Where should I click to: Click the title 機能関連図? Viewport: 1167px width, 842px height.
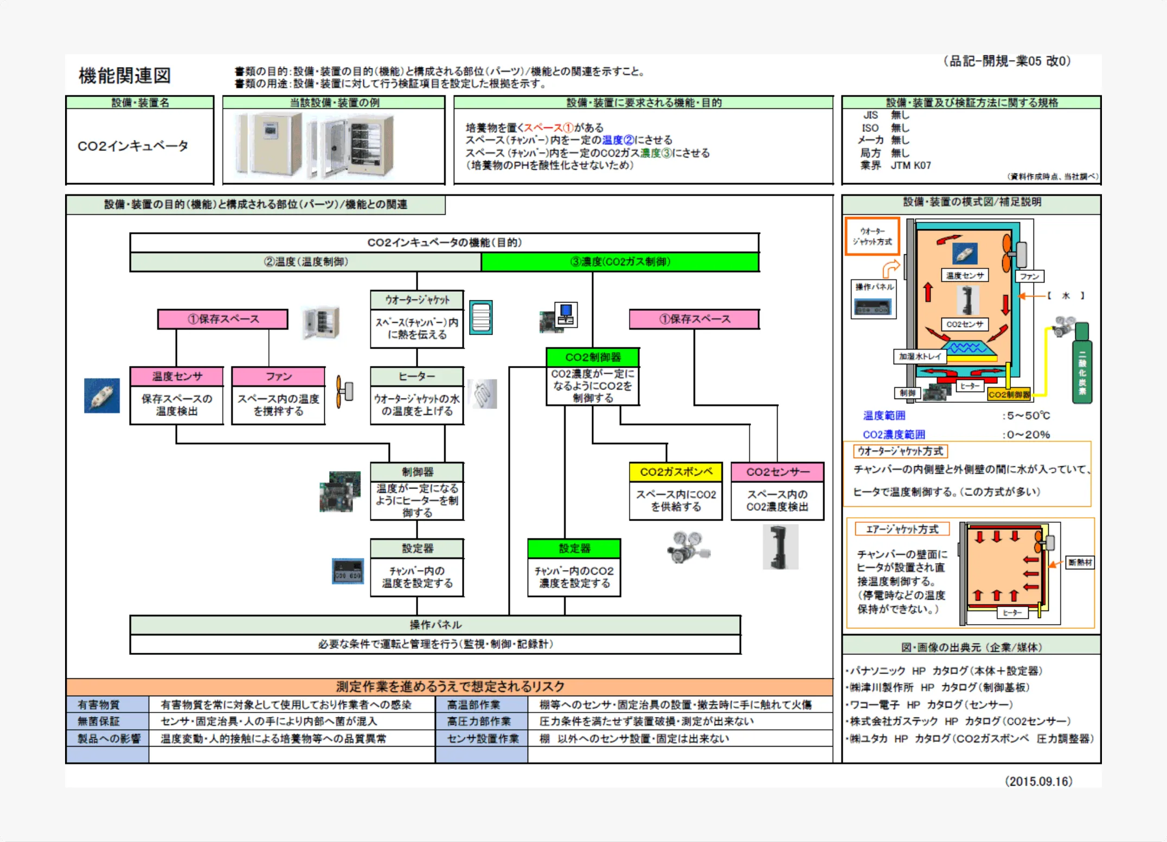125,75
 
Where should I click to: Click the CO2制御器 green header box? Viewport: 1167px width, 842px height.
593,357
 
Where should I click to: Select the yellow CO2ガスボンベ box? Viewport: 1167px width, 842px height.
676,472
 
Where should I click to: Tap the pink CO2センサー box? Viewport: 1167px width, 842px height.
777,472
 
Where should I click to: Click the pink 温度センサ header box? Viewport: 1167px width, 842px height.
177,376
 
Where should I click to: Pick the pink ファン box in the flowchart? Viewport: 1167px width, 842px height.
278,376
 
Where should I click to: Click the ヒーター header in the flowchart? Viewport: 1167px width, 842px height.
417,376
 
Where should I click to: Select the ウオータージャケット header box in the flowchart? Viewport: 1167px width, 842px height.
417,300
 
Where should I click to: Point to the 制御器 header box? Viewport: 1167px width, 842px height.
417,472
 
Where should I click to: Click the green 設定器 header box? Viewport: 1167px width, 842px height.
574,548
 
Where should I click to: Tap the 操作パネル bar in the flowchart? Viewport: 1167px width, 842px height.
435,625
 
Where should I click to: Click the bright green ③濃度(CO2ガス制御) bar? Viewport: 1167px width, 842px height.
620,262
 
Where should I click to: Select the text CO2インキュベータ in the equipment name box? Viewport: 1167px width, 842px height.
133,146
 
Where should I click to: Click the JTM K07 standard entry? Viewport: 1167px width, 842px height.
910,165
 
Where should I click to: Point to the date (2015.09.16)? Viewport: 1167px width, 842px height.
1038,781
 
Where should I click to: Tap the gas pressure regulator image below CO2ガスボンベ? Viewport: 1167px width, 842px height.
687,548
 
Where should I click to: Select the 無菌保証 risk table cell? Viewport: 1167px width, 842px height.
99,721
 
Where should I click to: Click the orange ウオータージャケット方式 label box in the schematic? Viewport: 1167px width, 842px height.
872,236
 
